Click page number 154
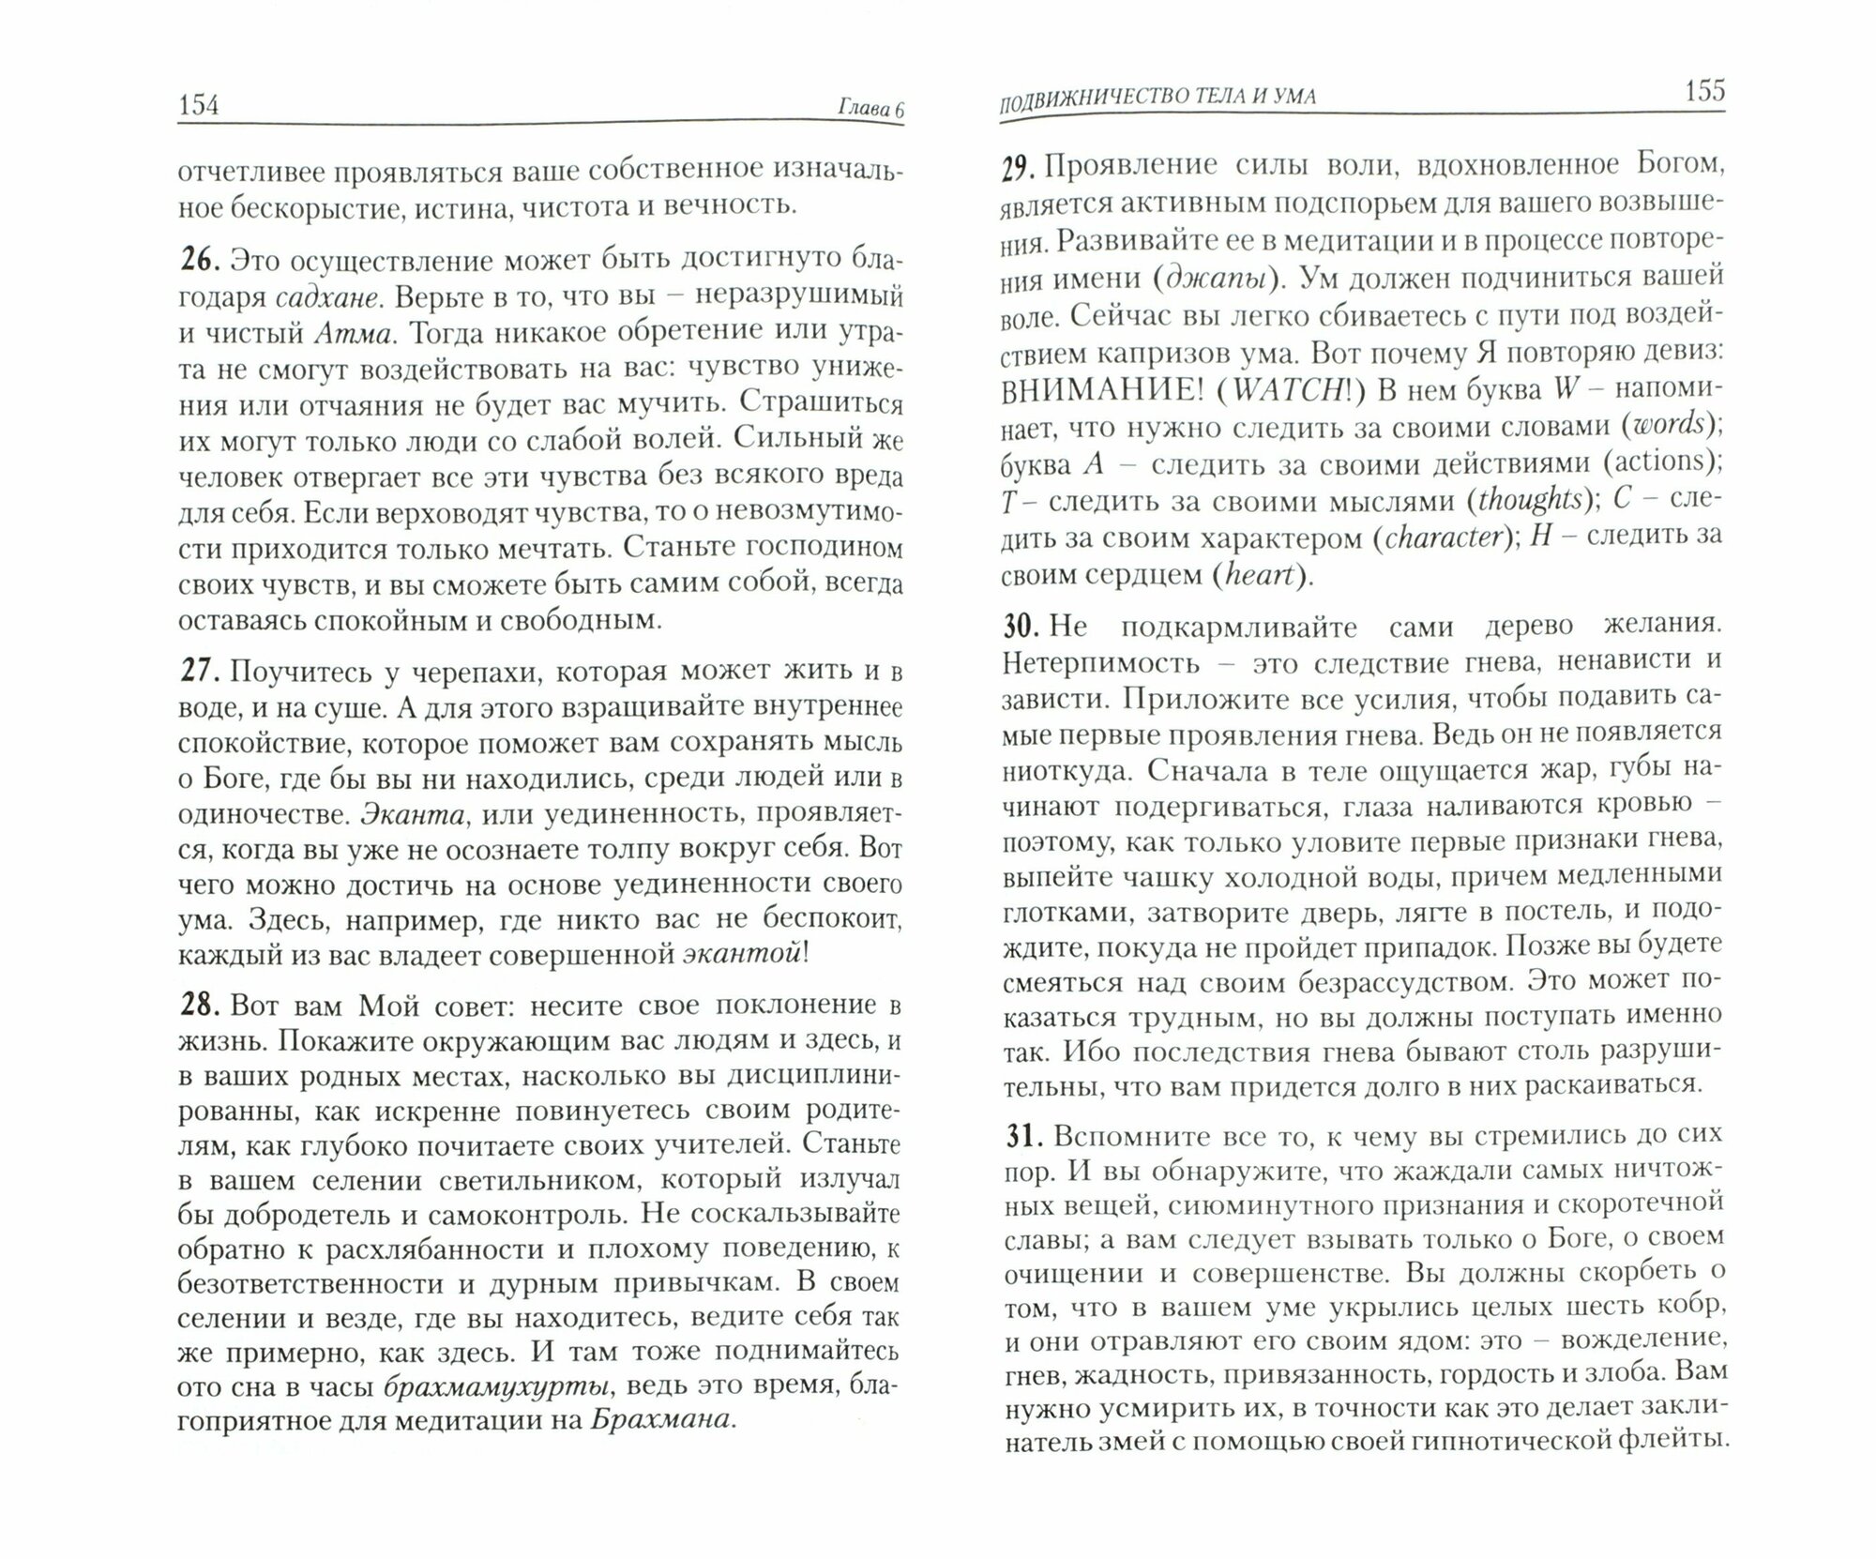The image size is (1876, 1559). [x=198, y=106]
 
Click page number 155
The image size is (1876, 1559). [x=1703, y=92]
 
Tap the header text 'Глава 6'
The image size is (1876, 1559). [x=870, y=110]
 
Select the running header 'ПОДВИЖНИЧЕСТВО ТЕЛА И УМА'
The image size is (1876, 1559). [x=1157, y=97]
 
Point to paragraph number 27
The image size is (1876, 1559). [x=198, y=672]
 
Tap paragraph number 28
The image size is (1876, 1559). [x=199, y=1005]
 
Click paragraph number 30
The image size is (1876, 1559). [x=1019, y=627]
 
